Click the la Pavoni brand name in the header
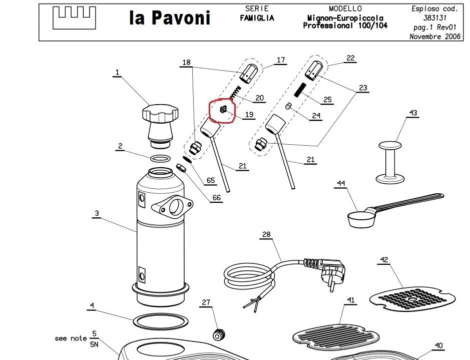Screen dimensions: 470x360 pos(170,18)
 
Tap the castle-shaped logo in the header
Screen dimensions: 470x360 pos(75,18)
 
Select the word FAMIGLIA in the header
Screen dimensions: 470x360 pos(257,19)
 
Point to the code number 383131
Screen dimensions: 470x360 pos(435,18)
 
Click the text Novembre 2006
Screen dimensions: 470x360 pos(435,37)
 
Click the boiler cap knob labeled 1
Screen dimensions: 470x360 pos(160,126)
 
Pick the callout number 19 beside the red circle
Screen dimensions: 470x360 pos(249,115)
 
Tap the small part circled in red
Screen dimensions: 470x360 pos(223,110)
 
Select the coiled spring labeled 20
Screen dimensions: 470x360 pos(236,92)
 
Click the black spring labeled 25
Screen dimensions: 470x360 pos(300,90)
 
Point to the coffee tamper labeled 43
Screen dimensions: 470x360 pos(390,162)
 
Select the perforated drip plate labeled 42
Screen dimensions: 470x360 pos(412,298)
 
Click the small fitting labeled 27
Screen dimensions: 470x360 pos(219,334)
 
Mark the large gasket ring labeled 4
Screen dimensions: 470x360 pos(161,321)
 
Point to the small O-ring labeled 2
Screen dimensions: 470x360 pos(160,159)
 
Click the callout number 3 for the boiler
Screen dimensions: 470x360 pos(97,213)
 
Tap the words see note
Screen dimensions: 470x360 pos(71,338)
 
